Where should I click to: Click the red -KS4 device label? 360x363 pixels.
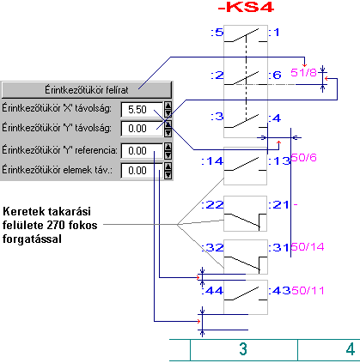point(246,7)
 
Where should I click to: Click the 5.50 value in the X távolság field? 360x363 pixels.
point(137,110)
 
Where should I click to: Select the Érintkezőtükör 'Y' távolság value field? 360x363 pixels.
point(142,129)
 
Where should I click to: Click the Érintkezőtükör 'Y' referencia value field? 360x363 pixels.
point(142,150)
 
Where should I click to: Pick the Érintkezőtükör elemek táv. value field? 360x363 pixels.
point(142,171)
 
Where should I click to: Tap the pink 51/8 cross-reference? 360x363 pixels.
point(303,73)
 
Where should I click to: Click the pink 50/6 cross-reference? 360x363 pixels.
point(303,157)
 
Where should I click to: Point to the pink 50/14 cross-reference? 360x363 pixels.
point(308,246)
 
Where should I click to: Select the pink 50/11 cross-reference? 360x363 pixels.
point(308,290)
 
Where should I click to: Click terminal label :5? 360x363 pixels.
point(217,32)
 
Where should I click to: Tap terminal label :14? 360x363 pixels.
point(212,161)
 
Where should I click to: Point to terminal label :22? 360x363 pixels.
point(212,204)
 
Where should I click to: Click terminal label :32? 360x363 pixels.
point(212,247)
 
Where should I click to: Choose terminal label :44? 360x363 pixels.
point(212,291)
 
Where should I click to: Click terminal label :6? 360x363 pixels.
point(275,75)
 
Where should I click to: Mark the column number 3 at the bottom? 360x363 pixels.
point(243,349)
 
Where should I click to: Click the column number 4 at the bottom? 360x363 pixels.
point(351,349)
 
